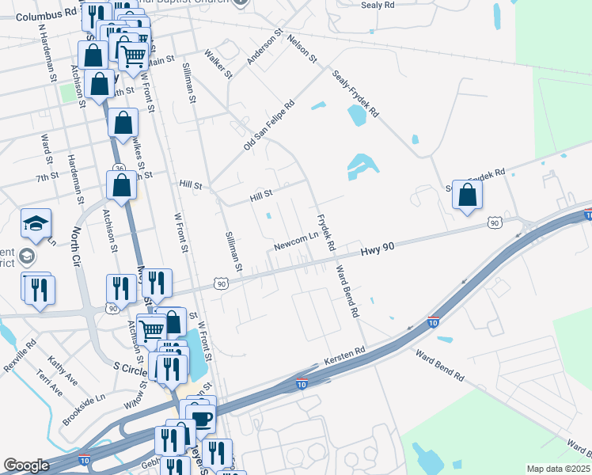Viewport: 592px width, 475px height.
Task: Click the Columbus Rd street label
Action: click(46, 15)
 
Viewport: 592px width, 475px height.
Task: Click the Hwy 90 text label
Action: click(377, 249)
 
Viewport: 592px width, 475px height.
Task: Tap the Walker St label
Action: click(218, 64)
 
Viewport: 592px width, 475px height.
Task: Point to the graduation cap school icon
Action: click(36, 224)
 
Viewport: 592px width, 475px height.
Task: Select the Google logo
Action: click(26, 465)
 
